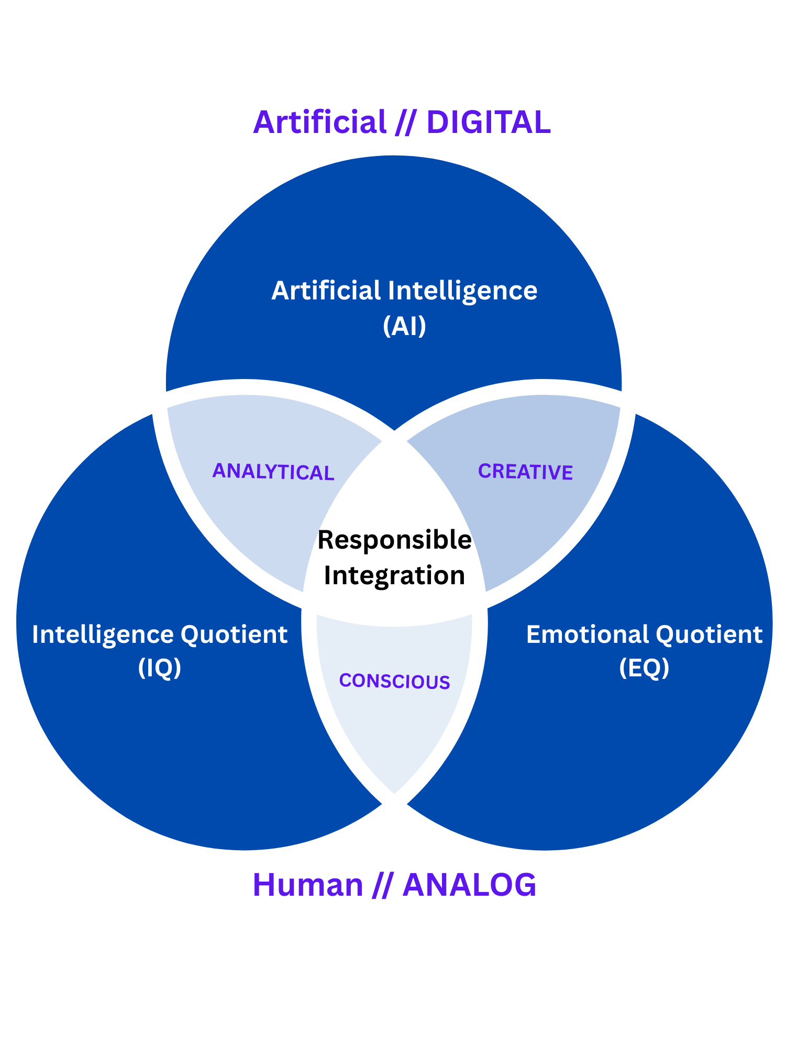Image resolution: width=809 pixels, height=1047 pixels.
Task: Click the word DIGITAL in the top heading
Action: tap(489, 122)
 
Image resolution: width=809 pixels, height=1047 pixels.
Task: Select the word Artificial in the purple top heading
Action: tap(319, 122)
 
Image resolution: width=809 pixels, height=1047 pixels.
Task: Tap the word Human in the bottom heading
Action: tap(308, 885)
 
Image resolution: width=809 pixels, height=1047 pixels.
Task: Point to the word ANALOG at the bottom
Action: tap(469, 885)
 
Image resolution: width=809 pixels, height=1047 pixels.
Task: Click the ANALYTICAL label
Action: tap(273, 472)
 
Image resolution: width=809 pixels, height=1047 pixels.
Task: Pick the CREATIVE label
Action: tap(525, 472)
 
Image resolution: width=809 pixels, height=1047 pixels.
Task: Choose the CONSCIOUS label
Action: tap(395, 681)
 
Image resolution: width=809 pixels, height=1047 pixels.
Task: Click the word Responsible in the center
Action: tap(395, 540)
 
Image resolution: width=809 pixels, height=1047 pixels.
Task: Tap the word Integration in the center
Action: tap(395, 575)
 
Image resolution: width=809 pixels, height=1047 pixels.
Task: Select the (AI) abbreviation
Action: tap(404, 326)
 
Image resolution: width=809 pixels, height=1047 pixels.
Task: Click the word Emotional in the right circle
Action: tap(587, 634)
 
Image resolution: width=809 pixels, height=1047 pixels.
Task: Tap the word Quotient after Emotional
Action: tap(709, 635)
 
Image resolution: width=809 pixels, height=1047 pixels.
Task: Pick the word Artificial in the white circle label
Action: tap(326, 291)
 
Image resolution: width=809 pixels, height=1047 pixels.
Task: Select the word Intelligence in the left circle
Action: tap(103, 635)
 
